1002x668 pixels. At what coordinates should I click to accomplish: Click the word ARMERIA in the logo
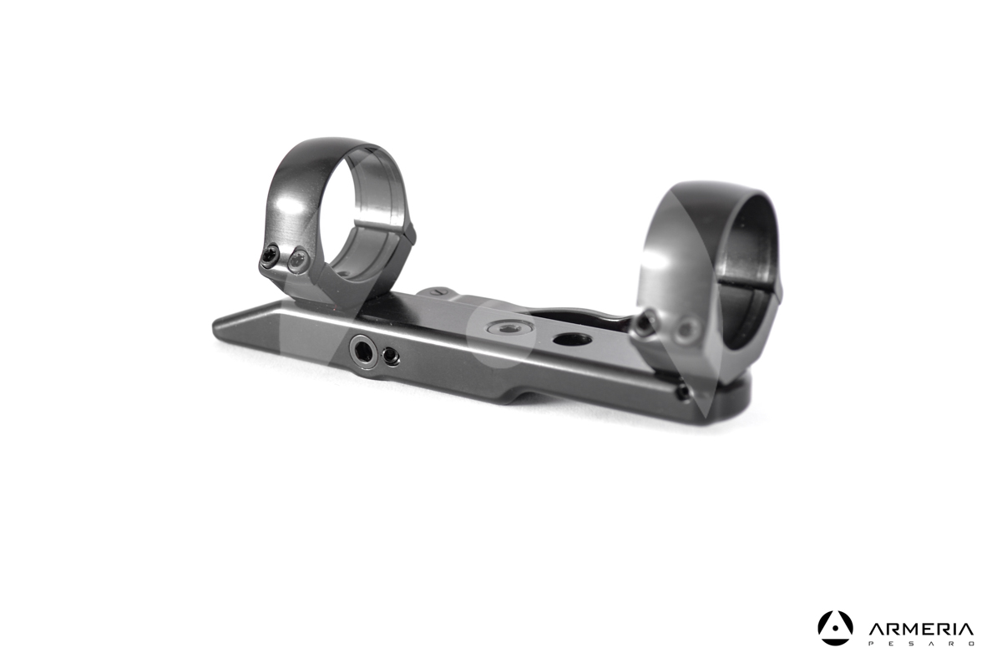[920, 630]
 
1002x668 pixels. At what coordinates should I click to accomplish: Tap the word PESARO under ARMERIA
[921, 644]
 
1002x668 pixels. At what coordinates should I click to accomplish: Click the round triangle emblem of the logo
[835, 628]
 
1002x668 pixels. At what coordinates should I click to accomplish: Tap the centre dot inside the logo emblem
[835, 630]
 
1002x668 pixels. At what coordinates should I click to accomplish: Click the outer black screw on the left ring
[270, 256]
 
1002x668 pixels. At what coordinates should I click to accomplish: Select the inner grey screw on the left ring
[297, 260]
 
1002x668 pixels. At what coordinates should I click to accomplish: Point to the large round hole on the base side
[363, 352]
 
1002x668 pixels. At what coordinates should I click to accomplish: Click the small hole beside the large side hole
[391, 357]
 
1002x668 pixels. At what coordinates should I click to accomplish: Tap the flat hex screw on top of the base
[509, 328]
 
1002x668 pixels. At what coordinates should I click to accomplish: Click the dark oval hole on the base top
[572, 340]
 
